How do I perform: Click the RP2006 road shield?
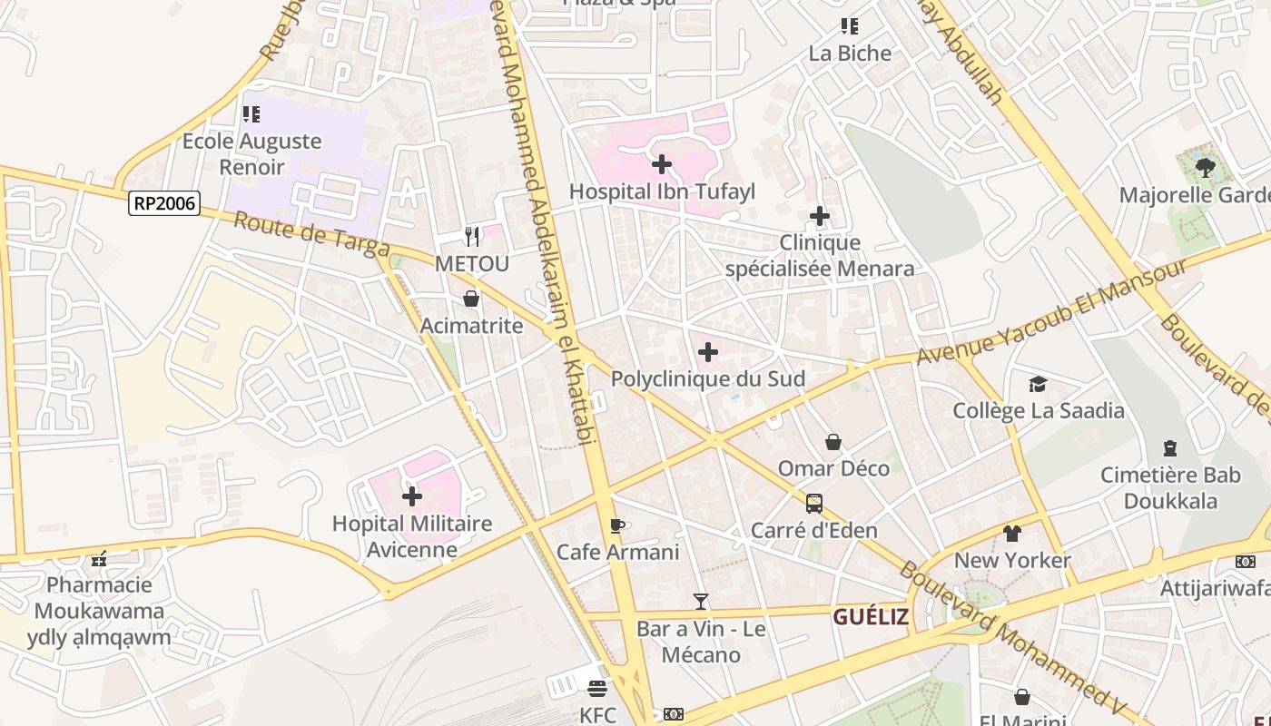click(x=164, y=202)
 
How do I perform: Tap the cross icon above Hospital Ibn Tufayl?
click(x=662, y=164)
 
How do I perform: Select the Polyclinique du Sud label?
click(x=707, y=378)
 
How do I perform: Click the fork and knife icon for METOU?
click(x=471, y=237)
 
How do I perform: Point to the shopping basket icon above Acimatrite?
click(x=471, y=299)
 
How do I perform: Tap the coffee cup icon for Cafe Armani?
click(x=617, y=525)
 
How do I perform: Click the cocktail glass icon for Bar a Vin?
click(x=700, y=601)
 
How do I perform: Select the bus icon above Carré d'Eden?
click(x=814, y=504)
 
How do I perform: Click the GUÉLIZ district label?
click(x=871, y=617)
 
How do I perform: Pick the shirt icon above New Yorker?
click(x=1012, y=534)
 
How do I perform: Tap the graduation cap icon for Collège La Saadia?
click(x=1038, y=385)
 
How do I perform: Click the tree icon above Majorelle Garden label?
click(x=1205, y=168)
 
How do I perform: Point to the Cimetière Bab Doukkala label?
click(x=1170, y=487)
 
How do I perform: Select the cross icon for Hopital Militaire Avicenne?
click(x=412, y=496)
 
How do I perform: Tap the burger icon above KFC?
click(x=596, y=688)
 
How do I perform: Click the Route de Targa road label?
click(x=311, y=234)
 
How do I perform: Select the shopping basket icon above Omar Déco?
click(x=833, y=442)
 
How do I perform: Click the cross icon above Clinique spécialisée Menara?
click(x=820, y=216)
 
